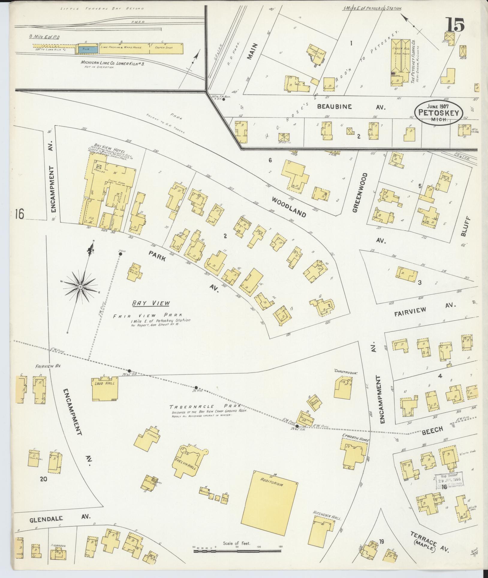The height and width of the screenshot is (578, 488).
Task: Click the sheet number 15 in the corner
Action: [x=454, y=25]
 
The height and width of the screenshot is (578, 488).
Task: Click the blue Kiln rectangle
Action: [x=87, y=49]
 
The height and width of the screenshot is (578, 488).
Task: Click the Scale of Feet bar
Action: [x=237, y=550]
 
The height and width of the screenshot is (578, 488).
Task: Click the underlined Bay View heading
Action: [x=151, y=304]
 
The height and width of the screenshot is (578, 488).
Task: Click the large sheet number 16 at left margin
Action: [x=19, y=214]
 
